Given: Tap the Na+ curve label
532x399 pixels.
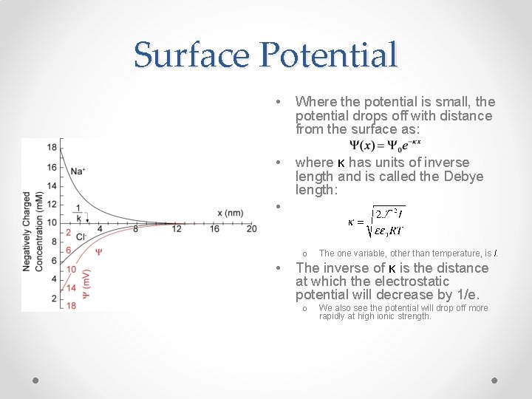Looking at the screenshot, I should (x=78, y=171).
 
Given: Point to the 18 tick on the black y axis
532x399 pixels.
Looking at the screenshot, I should (x=51, y=147).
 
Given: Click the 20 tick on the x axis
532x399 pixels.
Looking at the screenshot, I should (x=251, y=229).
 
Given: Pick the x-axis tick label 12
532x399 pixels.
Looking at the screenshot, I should (x=176, y=229).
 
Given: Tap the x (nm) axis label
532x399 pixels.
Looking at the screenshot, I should (x=231, y=214).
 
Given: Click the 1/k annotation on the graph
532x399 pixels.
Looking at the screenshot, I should (x=78, y=214).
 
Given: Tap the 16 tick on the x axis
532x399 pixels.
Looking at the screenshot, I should (x=214, y=229).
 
